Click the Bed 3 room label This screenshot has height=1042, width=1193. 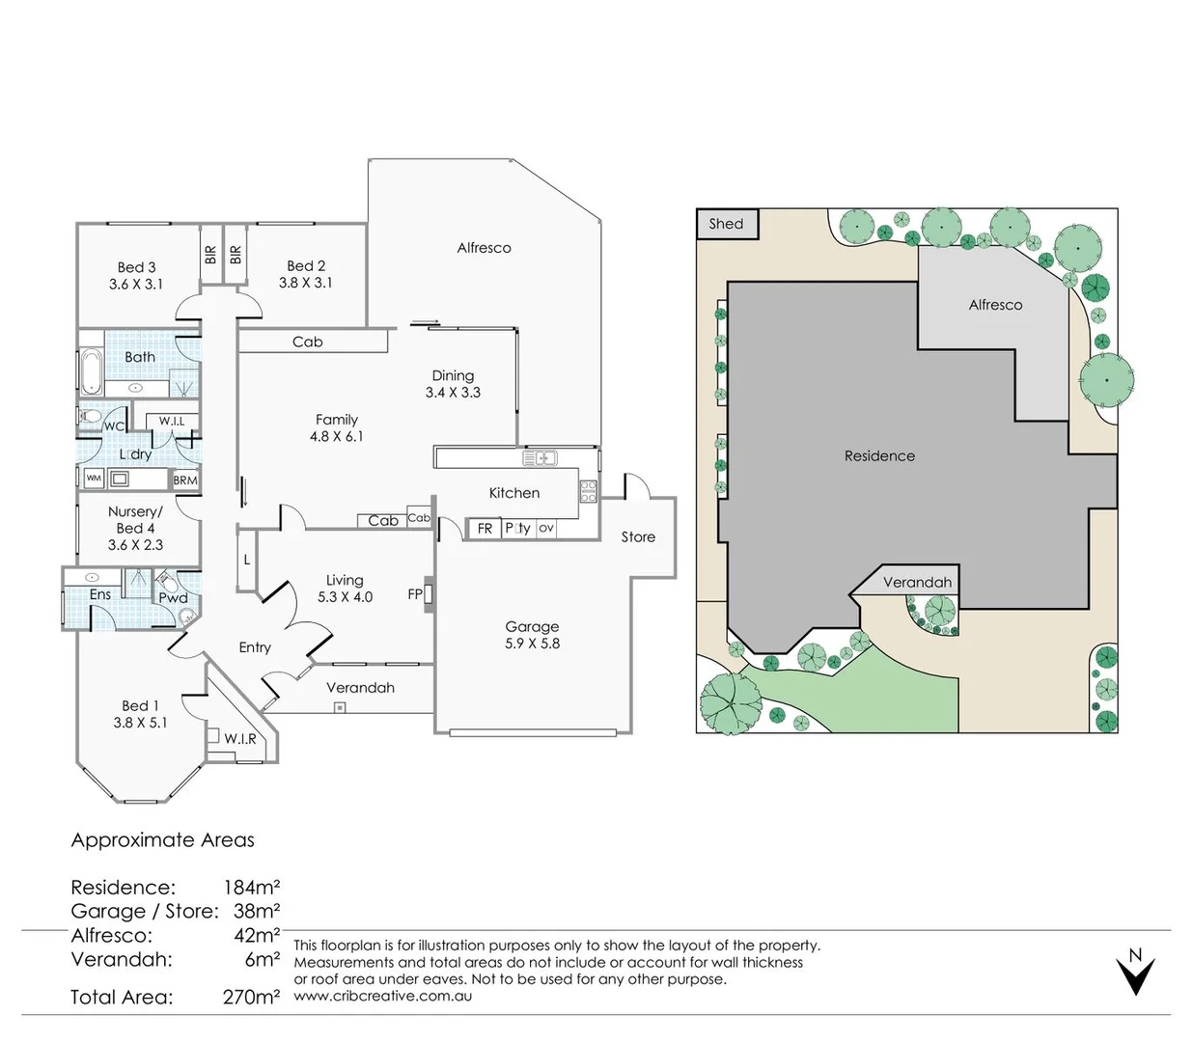click(136, 267)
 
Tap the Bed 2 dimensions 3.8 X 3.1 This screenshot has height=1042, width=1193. click(305, 283)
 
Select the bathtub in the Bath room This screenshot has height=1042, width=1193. click(90, 370)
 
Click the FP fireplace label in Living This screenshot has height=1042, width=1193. click(415, 594)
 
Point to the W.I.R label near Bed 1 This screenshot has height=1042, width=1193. click(240, 739)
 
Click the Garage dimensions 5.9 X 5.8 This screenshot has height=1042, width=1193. click(532, 644)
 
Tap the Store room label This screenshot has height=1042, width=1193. click(638, 537)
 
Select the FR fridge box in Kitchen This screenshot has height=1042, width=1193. click(485, 529)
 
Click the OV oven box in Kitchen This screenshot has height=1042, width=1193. click(546, 528)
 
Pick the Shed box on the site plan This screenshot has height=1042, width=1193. click(727, 224)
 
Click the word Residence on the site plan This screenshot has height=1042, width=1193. click(879, 455)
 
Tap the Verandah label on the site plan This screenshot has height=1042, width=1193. click(917, 582)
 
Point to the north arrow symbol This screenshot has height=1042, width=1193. click(1135, 972)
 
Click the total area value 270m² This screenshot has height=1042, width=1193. click(251, 997)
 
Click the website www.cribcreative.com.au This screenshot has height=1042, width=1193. click(382, 996)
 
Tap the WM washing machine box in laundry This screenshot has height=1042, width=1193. click(94, 479)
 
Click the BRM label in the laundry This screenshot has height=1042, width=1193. click(185, 480)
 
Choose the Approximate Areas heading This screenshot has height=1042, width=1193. click(162, 839)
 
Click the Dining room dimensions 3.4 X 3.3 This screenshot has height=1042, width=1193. click(453, 393)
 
